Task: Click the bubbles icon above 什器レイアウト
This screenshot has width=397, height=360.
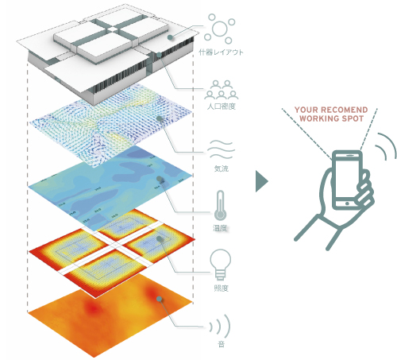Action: [219, 29]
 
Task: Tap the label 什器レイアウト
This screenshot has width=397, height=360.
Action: [221, 52]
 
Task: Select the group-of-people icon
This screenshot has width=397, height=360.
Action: [222, 90]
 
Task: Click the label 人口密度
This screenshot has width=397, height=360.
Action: [222, 106]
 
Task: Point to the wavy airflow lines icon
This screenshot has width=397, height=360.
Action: [221, 149]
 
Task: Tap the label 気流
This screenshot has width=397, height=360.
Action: [221, 168]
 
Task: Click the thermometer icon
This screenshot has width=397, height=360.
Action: [220, 205]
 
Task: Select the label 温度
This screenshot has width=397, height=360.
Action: [220, 228]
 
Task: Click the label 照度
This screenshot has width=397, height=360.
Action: [221, 288]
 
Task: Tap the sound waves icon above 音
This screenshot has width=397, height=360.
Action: [220, 327]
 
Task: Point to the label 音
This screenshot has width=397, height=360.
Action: [222, 344]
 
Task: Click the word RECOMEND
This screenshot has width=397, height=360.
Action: [345, 110]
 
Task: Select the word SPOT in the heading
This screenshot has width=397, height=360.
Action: [353, 118]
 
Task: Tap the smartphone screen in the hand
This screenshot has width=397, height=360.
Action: [347, 178]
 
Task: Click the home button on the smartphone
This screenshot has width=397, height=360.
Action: [347, 203]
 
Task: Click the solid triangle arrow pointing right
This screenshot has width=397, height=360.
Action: [262, 181]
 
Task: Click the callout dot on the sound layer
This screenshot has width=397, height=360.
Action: [159, 299]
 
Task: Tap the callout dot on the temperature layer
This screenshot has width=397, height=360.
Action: [160, 179]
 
